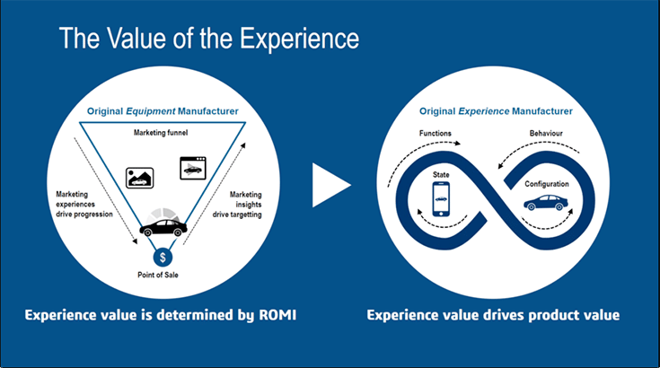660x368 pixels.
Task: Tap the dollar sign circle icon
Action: click(162, 258)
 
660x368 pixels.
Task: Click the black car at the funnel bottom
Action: click(162, 227)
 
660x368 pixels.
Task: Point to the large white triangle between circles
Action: click(329, 184)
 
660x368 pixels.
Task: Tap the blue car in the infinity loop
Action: click(547, 205)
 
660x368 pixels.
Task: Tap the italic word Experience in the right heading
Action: click(493, 112)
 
